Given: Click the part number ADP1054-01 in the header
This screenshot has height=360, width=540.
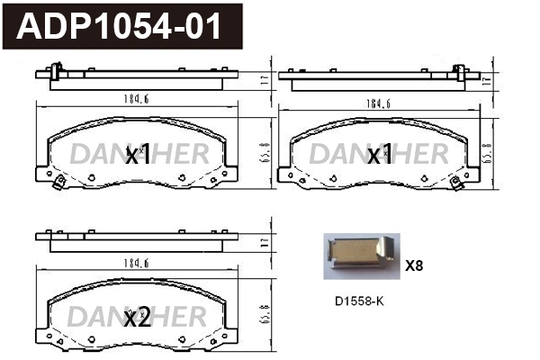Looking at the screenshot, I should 121,26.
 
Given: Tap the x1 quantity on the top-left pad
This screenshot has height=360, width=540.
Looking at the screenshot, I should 136,156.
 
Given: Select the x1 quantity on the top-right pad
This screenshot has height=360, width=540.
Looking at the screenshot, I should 381,156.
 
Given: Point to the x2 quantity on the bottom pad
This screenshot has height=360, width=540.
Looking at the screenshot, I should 136,317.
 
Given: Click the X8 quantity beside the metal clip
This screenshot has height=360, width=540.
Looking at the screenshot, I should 414,265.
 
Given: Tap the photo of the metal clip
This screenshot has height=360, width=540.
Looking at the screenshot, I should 359,255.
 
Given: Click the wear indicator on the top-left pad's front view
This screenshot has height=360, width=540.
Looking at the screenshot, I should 58,184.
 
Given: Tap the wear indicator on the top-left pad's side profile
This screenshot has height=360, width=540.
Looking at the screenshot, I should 57,70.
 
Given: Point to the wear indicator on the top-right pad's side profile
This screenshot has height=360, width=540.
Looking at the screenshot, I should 460,70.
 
